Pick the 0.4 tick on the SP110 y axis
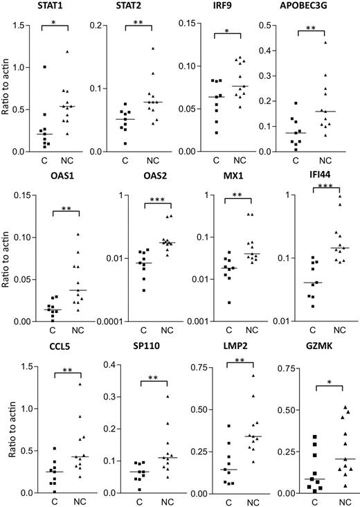tap(106, 366)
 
